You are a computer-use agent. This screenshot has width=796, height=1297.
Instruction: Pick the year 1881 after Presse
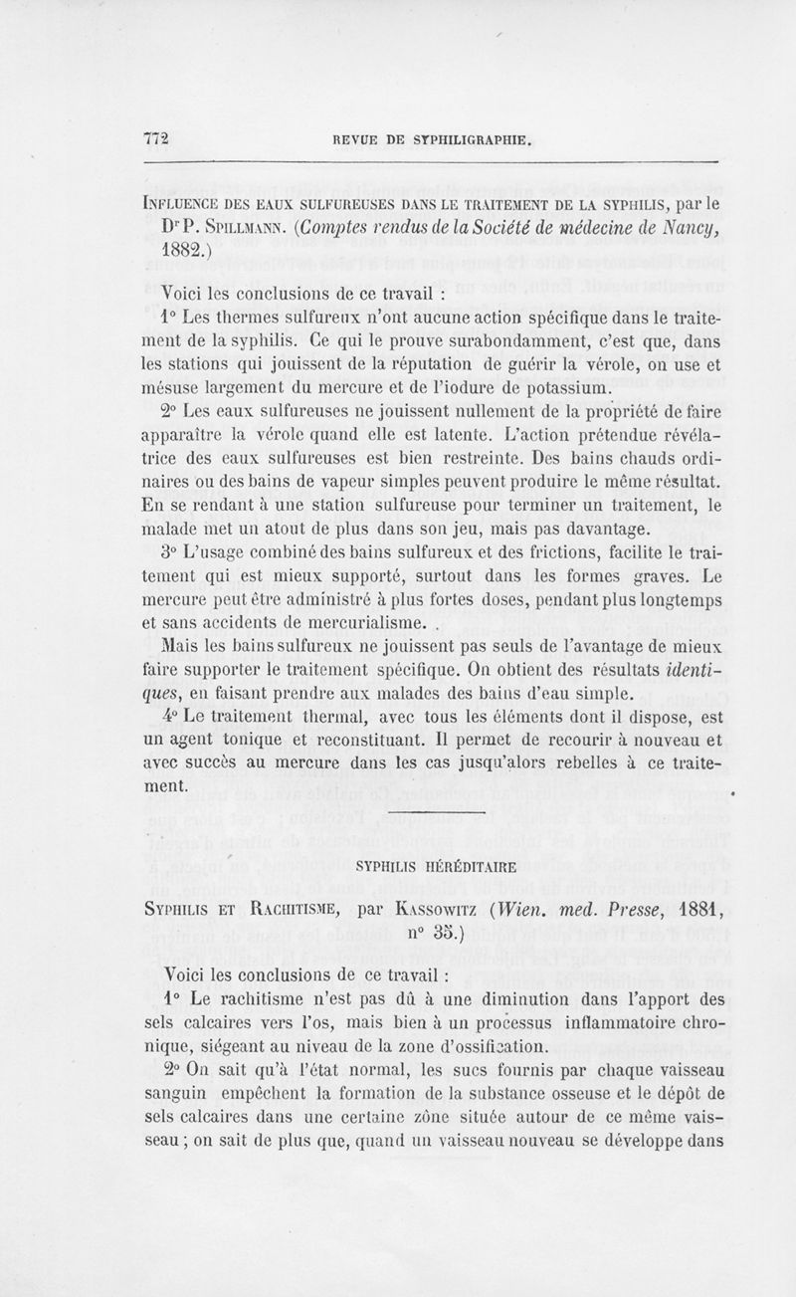[x=686, y=908]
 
